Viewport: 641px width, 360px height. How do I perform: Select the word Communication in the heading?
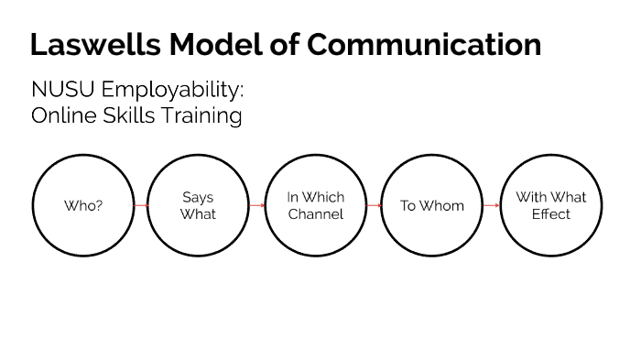(x=424, y=43)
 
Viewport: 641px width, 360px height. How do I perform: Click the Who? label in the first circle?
(x=83, y=206)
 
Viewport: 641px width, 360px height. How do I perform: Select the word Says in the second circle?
(x=198, y=197)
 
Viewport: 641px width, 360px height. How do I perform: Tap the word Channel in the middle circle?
(x=316, y=214)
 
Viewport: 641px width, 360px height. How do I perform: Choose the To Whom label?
(x=432, y=206)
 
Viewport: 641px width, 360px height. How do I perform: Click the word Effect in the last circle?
(x=551, y=214)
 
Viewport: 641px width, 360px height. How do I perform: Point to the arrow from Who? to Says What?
(x=141, y=206)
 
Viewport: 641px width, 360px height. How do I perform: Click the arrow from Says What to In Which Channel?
(x=257, y=206)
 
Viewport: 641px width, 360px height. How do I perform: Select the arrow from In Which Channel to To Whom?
(x=374, y=206)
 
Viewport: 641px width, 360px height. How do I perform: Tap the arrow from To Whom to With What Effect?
(x=491, y=206)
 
